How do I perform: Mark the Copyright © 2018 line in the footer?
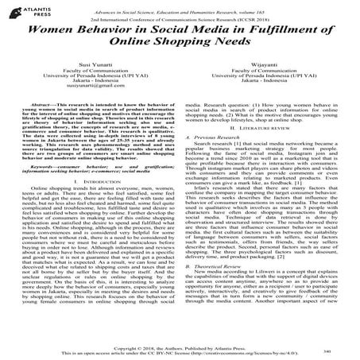180,346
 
